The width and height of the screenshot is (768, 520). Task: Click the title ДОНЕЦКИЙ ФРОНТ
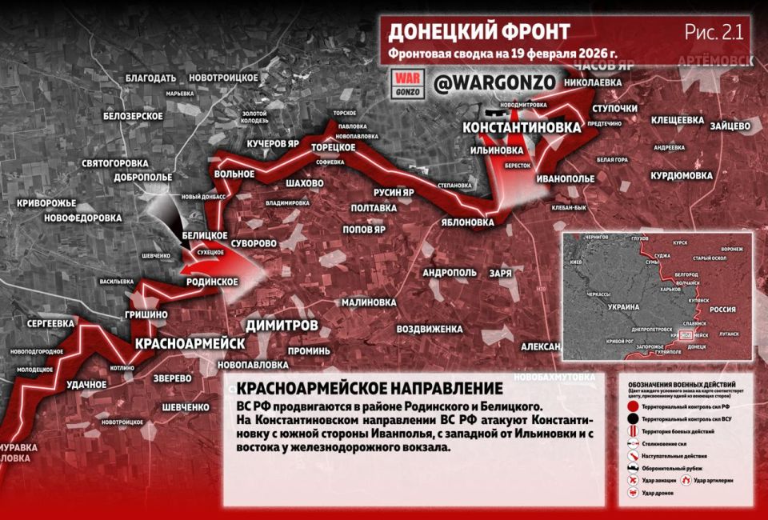click(478, 32)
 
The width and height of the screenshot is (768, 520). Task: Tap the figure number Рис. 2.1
click(714, 32)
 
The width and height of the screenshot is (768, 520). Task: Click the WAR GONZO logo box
click(408, 83)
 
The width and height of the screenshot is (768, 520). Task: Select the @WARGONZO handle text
click(482, 83)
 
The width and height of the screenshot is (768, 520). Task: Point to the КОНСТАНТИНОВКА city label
click(522, 128)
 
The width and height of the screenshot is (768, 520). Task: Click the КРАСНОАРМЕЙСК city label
click(190, 342)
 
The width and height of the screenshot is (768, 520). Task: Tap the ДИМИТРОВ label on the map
click(282, 326)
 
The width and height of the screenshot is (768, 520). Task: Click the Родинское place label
click(212, 282)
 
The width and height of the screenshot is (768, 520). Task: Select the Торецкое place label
click(333, 148)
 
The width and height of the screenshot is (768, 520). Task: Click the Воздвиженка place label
click(430, 329)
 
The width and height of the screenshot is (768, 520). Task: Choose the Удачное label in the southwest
click(86, 385)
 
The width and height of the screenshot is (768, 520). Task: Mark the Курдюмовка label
click(681, 175)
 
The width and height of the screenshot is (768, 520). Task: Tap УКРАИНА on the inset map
click(622, 307)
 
